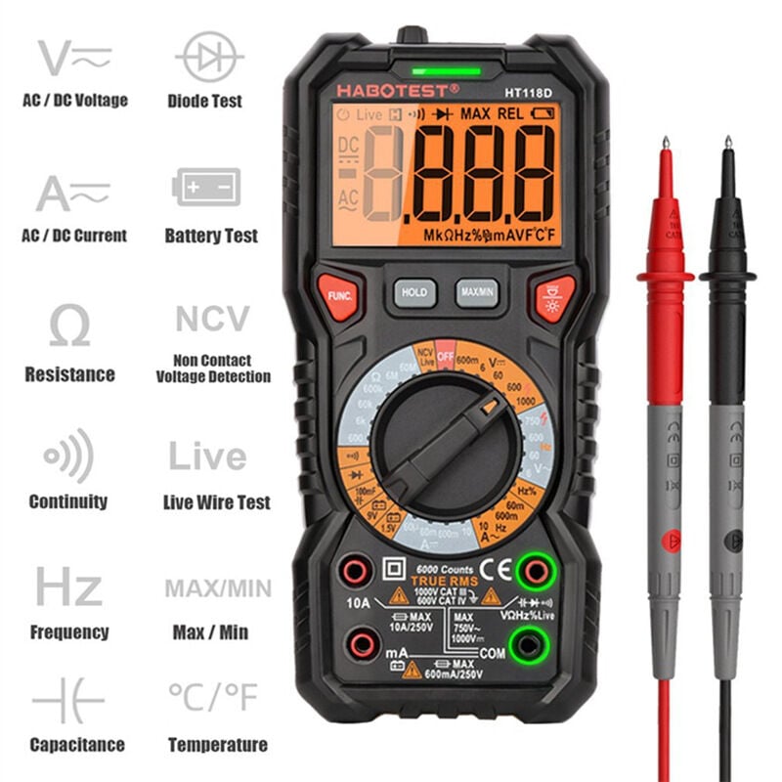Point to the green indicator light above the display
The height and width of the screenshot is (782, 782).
coord(447,70)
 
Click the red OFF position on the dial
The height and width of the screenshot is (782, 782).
coord(446,357)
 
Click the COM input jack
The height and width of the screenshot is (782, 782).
coord(530,643)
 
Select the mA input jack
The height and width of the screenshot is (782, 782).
coord(364,643)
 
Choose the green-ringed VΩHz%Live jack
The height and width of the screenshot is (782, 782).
coord(535,569)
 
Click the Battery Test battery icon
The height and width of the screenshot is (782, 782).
coord(205,186)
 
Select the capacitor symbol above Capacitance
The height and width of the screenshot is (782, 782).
coord(67,702)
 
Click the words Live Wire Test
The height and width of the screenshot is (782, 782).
coord(216,502)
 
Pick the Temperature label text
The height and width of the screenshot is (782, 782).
coord(217,745)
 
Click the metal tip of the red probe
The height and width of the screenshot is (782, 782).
coord(666,146)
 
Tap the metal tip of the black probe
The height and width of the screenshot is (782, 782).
coord(727,146)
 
